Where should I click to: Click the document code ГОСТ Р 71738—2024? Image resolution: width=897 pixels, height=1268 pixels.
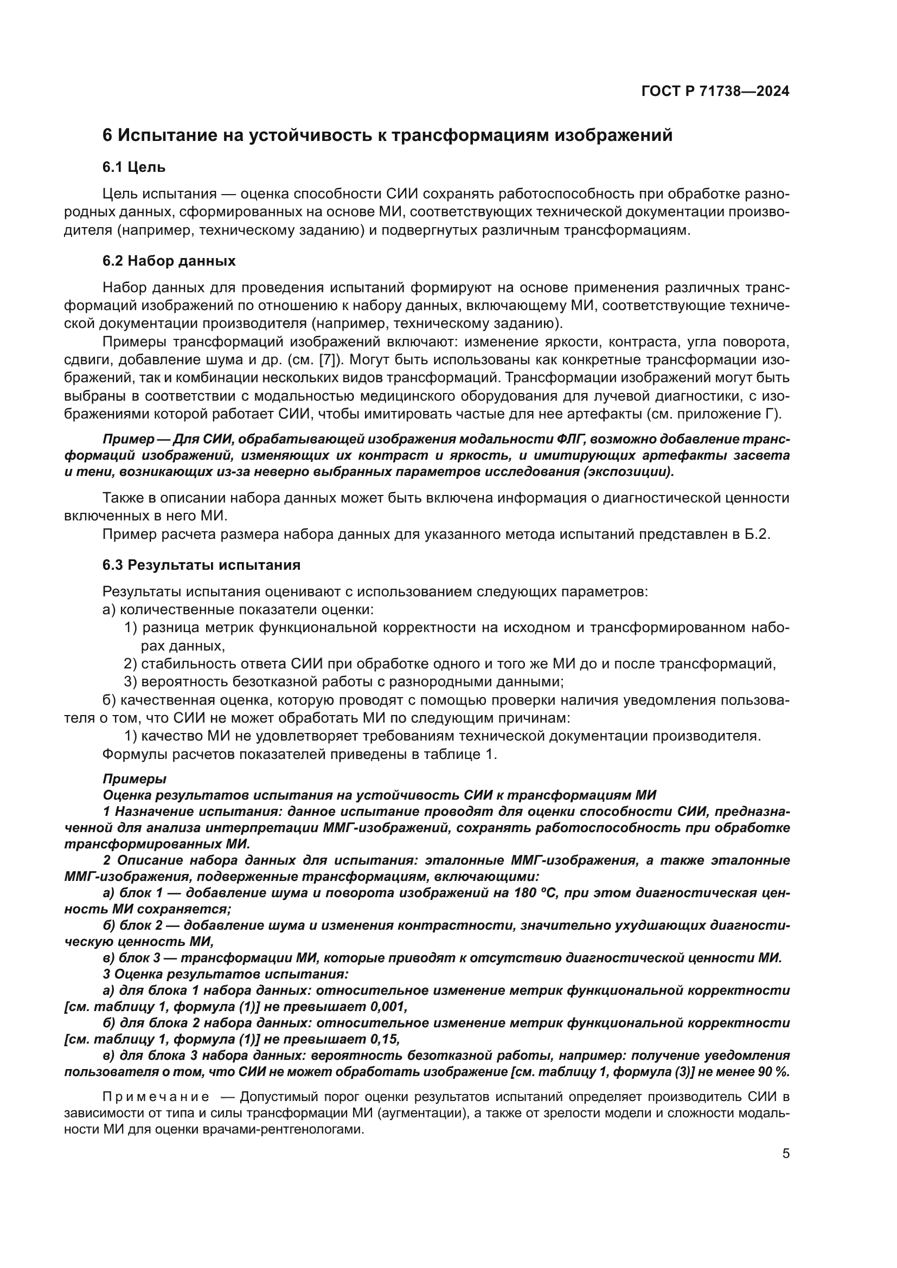coord(715,92)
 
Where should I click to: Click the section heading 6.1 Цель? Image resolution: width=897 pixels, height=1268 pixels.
coord(134,168)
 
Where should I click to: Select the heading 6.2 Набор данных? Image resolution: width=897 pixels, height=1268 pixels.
coord(169,261)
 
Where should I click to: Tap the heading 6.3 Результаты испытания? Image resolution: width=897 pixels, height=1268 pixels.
coord(202,565)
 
